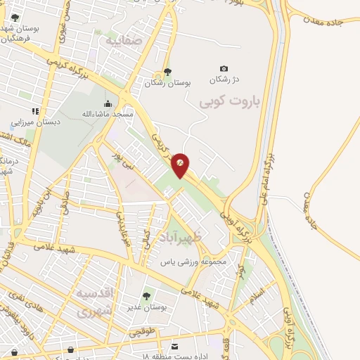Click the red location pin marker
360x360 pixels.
pyautogui.click(x=181, y=165)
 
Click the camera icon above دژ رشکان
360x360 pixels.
pyautogui.click(x=224, y=68)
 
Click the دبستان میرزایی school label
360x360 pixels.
pyautogui.click(x=35, y=122)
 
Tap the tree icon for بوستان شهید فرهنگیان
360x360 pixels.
pyautogui.click(x=15, y=18)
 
